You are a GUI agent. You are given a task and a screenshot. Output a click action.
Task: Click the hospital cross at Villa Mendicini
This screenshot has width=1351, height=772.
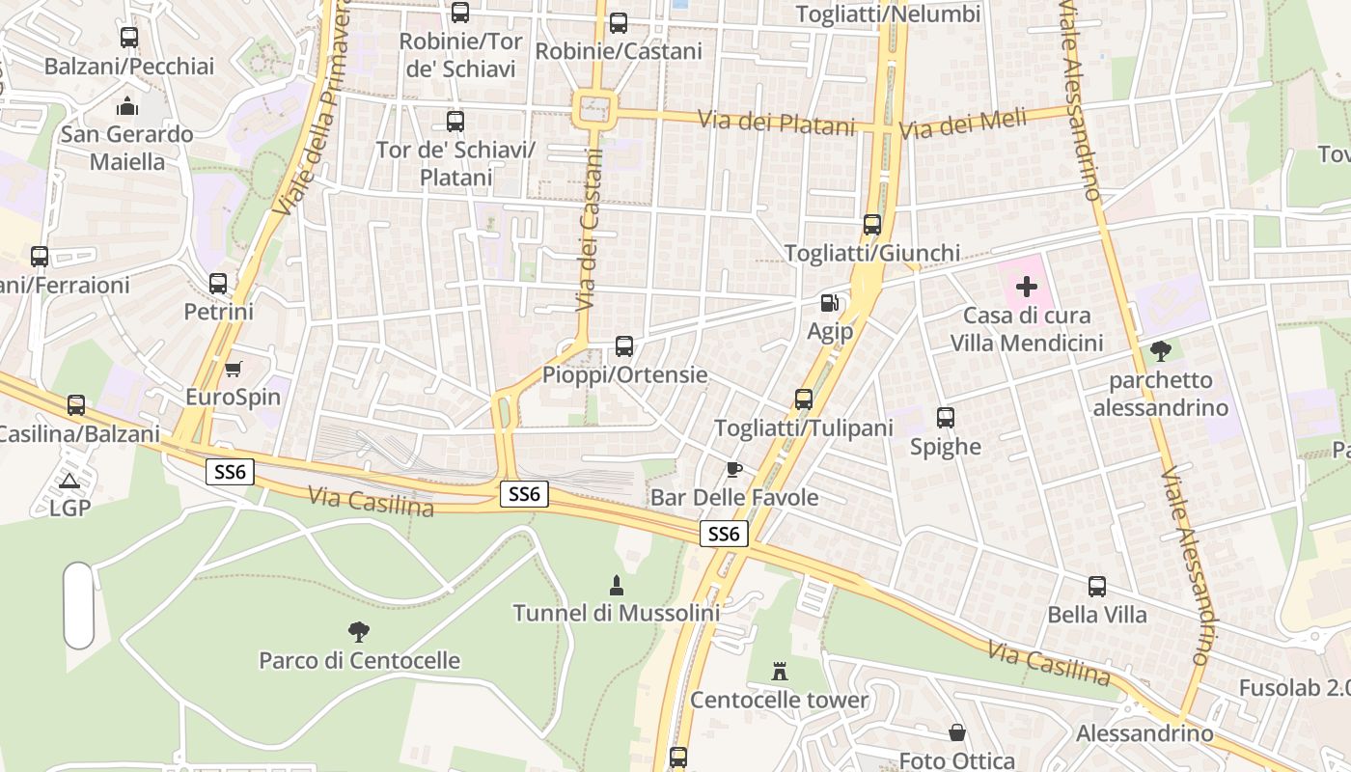tap(1027, 287)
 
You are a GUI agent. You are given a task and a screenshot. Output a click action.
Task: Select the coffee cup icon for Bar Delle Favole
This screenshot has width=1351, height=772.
tap(734, 469)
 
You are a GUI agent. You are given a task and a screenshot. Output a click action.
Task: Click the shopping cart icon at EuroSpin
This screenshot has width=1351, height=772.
tap(233, 369)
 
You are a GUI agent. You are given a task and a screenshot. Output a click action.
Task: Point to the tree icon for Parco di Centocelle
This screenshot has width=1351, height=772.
tap(359, 632)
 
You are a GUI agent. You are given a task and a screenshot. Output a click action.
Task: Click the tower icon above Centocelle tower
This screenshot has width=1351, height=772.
tap(780, 671)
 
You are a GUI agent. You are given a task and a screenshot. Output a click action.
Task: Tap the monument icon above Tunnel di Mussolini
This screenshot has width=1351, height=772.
tap(616, 585)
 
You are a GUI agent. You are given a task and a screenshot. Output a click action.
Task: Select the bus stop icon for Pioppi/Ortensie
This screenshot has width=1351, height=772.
tap(624, 345)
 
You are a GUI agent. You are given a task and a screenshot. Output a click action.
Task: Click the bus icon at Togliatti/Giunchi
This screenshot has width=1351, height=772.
tap(872, 225)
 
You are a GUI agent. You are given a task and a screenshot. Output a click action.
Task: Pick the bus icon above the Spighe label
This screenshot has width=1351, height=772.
tap(946, 418)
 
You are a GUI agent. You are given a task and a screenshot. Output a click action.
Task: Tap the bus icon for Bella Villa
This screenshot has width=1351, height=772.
tap(1097, 587)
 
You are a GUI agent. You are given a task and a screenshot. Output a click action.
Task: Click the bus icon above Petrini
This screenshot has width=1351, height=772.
tap(218, 284)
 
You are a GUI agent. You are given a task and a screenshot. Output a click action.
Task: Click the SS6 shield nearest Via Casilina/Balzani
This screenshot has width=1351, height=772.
tap(230, 471)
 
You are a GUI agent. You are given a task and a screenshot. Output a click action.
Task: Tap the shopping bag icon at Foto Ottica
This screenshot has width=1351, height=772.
tap(957, 732)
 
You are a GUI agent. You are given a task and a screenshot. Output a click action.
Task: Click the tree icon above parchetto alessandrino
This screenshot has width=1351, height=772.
tap(1160, 351)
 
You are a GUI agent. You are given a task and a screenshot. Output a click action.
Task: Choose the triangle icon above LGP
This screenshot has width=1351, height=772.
tap(69, 480)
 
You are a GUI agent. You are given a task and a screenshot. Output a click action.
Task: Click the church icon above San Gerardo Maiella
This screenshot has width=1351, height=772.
tap(127, 105)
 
